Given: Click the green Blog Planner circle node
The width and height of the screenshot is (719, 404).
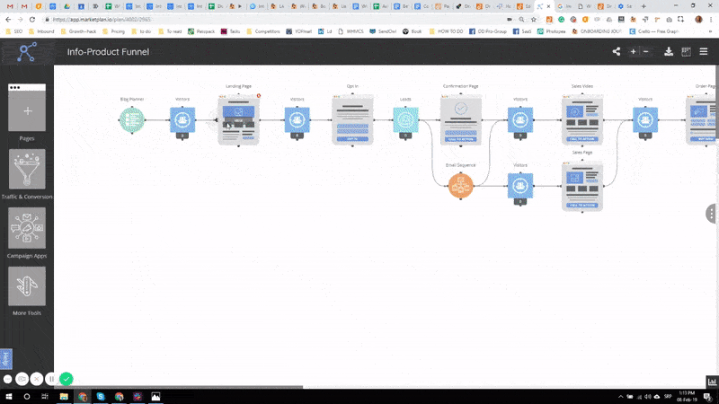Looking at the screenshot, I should click(x=132, y=119).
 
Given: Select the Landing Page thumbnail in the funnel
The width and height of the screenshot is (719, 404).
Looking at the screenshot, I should click(x=239, y=119).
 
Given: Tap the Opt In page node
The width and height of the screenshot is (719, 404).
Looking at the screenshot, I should click(x=352, y=121).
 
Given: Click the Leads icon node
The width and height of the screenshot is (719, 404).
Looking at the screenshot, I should click(x=405, y=119).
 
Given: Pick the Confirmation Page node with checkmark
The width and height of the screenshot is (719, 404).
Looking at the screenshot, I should click(x=460, y=119).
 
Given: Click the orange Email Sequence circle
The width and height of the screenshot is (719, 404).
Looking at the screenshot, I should click(x=461, y=186).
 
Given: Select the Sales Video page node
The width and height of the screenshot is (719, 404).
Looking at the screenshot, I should click(x=581, y=119).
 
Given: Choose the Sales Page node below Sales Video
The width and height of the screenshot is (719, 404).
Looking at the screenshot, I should click(x=581, y=186).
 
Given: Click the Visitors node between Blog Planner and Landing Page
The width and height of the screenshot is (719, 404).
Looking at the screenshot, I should click(x=182, y=119).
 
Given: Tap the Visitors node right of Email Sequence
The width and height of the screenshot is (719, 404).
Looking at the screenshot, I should click(x=519, y=186).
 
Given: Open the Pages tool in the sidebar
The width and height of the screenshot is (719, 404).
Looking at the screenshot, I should click(x=27, y=111).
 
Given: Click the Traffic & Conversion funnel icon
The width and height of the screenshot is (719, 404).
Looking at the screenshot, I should click(x=27, y=170).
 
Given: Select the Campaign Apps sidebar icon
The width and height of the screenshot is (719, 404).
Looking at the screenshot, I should click(x=27, y=228).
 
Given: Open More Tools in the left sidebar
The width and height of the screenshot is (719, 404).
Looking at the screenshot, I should click(x=27, y=286).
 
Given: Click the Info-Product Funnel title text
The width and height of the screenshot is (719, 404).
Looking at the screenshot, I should click(x=108, y=52).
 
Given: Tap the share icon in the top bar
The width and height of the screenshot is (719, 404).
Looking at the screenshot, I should click(x=617, y=52).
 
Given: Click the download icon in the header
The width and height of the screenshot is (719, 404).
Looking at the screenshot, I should click(x=669, y=52).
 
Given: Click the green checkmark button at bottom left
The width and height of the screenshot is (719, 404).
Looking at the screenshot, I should click(x=67, y=379).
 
